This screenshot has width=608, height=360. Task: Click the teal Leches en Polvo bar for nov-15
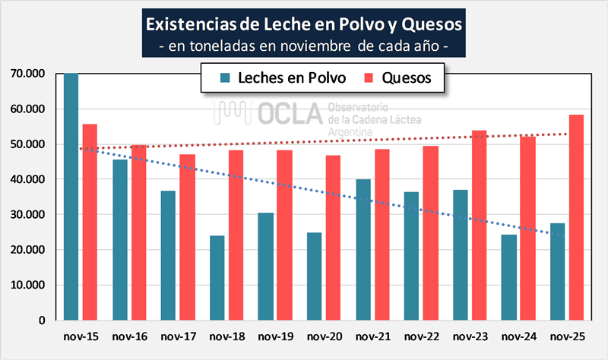[71, 197]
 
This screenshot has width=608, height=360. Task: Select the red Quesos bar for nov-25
[576, 217]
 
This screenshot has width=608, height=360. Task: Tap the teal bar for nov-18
[217, 278]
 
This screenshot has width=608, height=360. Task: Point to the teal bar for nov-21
[363, 250]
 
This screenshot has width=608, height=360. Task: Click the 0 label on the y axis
[44, 321]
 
